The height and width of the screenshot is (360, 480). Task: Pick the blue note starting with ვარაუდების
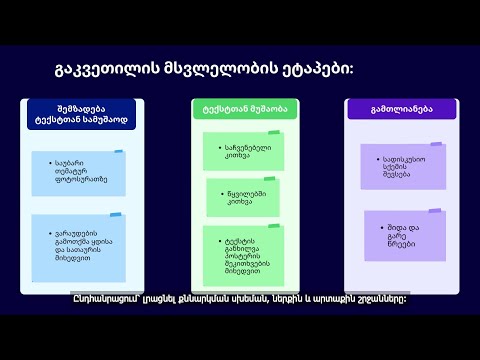pos(79,246)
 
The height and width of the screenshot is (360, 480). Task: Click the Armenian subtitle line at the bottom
pos(240,298)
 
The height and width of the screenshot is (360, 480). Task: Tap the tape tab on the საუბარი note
pos(118,152)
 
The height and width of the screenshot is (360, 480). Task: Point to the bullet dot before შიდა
pos(379,228)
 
